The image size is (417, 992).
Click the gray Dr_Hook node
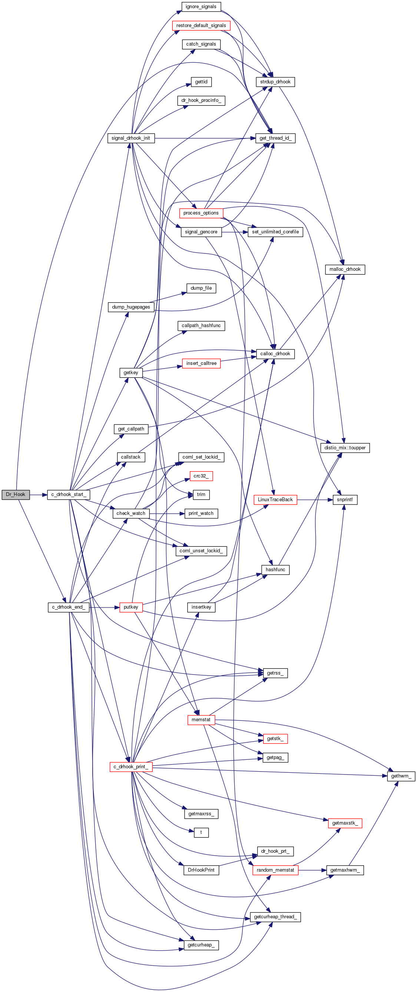point(16,495)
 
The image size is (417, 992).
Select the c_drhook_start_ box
point(69,495)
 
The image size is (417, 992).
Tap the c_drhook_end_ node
point(69,607)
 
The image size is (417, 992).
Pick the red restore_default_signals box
point(201,26)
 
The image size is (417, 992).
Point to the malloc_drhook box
point(345,269)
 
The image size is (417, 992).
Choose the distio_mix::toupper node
point(345,448)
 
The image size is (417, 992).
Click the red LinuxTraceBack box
point(275,499)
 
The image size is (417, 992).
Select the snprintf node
point(345,499)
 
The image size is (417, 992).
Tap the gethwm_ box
point(401,776)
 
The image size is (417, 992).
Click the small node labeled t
point(201,832)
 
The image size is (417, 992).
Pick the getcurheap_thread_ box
point(275,917)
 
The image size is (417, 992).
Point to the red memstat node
point(201,719)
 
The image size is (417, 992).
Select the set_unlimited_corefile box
point(275,232)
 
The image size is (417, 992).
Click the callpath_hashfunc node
point(201,325)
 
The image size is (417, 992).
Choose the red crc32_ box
point(201,476)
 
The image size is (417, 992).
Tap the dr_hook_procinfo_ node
point(201,100)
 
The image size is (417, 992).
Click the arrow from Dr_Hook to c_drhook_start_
point(38,495)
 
